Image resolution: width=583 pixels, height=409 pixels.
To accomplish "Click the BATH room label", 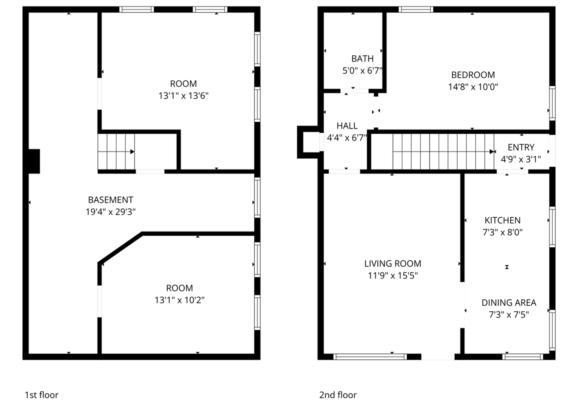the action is pos(362,59).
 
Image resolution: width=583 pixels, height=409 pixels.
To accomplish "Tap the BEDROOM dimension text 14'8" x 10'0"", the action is pos(473,87).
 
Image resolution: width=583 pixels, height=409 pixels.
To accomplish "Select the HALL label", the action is pos(347,126).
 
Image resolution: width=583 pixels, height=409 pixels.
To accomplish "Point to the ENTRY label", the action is pos(521,148).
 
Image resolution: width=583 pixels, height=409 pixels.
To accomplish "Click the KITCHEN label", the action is pos(502,221).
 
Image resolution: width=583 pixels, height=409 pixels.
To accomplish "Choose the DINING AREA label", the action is pos(509,303).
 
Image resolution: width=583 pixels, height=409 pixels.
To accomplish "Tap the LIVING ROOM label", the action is pos(392,264).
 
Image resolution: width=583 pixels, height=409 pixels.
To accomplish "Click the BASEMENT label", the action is pos(111,200).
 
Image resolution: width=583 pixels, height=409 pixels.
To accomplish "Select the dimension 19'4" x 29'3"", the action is pos(111,212).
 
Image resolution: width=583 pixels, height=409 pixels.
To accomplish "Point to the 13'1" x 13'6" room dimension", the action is pos(183,96).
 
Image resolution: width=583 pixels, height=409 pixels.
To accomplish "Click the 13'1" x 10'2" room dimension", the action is pos(180,300).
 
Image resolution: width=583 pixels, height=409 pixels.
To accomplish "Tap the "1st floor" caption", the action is pos(42,395).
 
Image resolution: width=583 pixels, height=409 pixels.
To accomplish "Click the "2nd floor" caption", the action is pos(338,395).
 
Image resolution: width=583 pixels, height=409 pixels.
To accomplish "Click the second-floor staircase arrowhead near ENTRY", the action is pos(492,152).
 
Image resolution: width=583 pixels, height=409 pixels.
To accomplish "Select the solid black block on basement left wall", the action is pos(34,161).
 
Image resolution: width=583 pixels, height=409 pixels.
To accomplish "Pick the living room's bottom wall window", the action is pos(370,357).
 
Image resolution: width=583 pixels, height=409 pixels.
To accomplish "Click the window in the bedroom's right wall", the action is pos(552,103).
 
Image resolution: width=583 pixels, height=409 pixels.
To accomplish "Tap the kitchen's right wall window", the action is pos(552,227).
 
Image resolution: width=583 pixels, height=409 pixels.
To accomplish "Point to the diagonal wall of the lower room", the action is pos(120,248).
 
